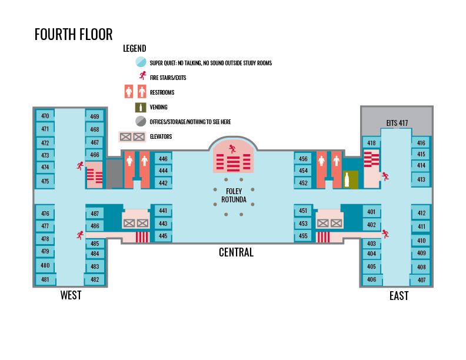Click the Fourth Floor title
click(x=74, y=34)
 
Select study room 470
click(x=45, y=116)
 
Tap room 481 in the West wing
click(x=45, y=280)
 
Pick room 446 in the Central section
click(x=163, y=159)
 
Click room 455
click(x=303, y=236)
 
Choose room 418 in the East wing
click(x=371, y=143)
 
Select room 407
click(x=421, y=280)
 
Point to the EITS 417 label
click(x=397, y=123)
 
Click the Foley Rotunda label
click(x=234, y=195)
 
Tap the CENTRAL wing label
click(x=236, y=252)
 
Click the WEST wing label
click(x=71, y=295)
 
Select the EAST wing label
click(x=399, y=296)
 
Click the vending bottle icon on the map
click(x=347, y=179)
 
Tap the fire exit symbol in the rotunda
click(x=232, y=148)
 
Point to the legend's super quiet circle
click(x=141, y=62)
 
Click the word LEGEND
click(x=135, y=48)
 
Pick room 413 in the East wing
click(x=421, y=179)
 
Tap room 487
click(x=95, y=214)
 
